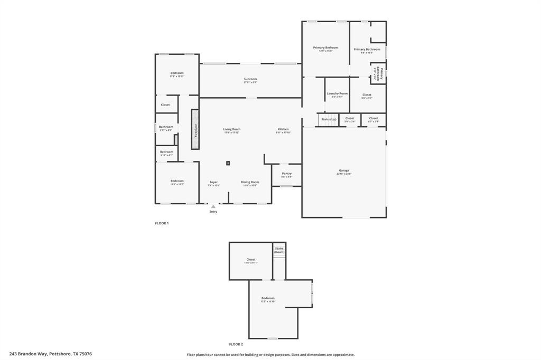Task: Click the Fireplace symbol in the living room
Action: [x=195, y=129]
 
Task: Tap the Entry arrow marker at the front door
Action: [x=213, y=207]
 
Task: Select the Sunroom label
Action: [x=250, y=79]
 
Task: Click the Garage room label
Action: [x=344, y=170]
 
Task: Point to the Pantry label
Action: [x=286, y=174]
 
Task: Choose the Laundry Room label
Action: [x=337, y=93]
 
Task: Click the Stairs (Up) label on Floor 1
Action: [x=329, y=119]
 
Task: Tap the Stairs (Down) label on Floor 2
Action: [x=279, y=250]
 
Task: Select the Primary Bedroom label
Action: [x=325, y=48]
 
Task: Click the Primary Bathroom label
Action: [x=367, y=49]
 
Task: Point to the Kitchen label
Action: [x=283, y=129]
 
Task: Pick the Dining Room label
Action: [x=250, y=182]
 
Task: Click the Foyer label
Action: [x=213, y=182]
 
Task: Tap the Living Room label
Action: [x=231, y=129]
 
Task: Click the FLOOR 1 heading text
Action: [x=162, y=223]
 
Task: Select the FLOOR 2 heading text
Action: [x=236, y=344]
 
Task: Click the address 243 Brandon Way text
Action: [x=51, y=354]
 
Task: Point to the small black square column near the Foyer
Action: [x=228, y=163]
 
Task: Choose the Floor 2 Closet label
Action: [x=251, y=259]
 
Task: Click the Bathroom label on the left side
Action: [x=166, y=127]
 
